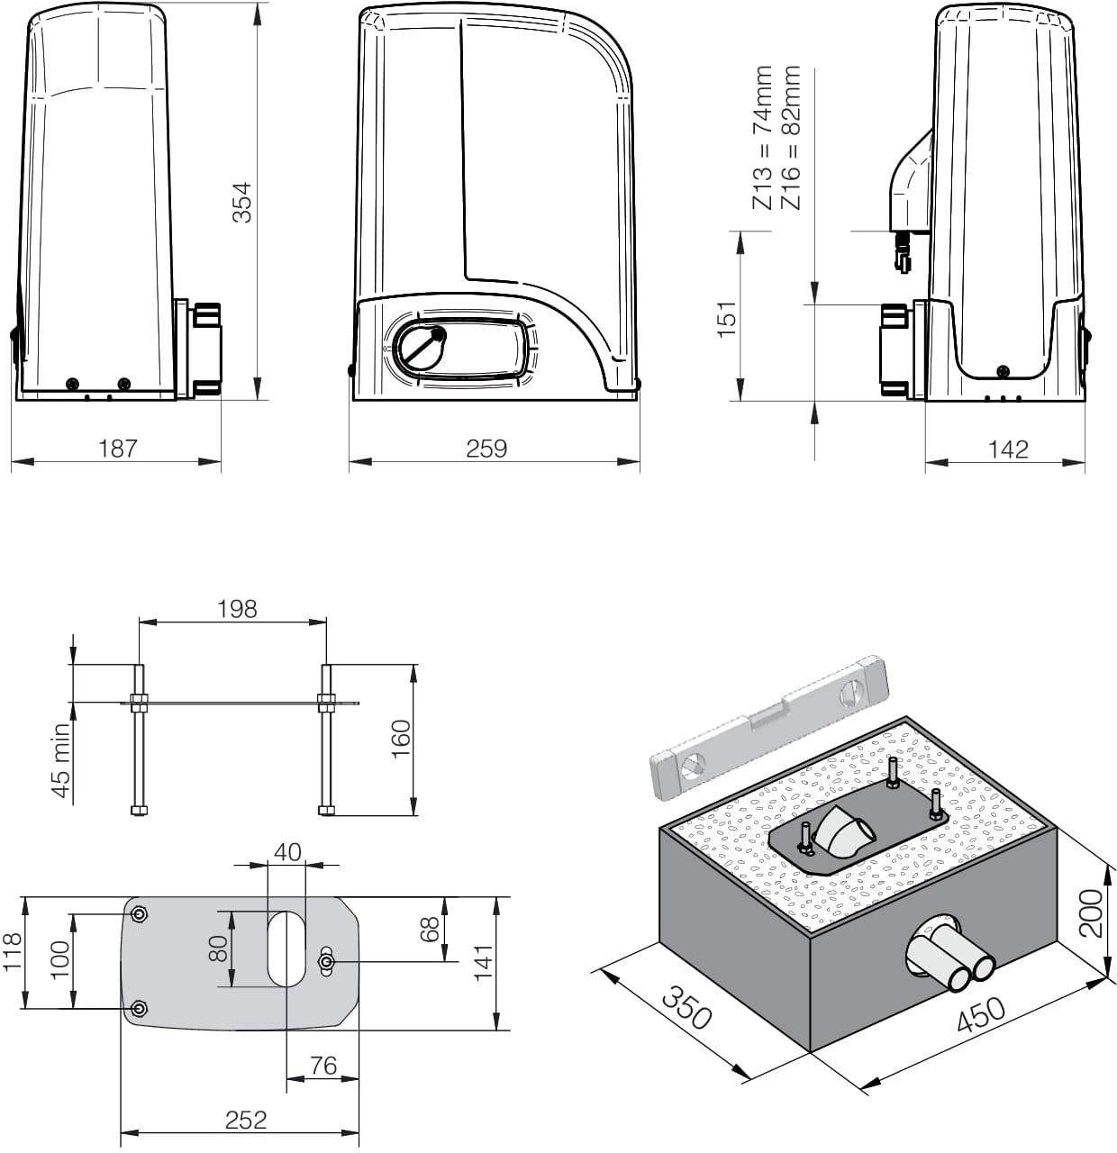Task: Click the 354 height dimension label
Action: point(241,203)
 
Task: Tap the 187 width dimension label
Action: point(117,449)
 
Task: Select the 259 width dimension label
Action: point(486,449)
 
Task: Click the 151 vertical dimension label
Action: point(727,320)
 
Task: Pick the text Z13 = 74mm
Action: point(763,138)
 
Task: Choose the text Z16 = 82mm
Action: point(791,138)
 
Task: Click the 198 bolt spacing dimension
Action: point(237,609)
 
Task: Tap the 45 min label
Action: point(60,761)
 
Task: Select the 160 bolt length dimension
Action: point(401,739)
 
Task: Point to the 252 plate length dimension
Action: point(246,1120)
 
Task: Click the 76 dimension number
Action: point(323,1066)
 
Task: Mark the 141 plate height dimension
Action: point(484,963)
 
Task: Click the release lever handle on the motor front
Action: point(422,349)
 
